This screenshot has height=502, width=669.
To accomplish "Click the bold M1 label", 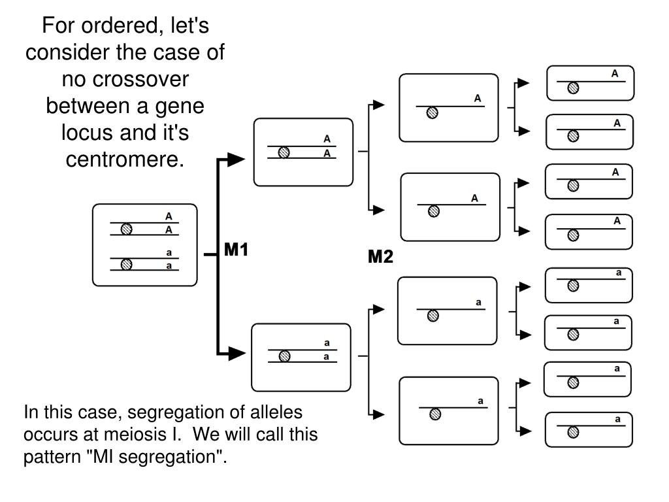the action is click(x=236, y=250).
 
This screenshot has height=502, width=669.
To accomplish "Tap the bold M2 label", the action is click(x=380, y=256).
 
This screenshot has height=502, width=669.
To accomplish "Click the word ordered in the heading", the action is click(x=120, y=25).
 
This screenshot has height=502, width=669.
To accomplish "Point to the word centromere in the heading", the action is click(x=125, y=159).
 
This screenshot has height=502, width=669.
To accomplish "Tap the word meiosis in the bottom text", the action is click(x=139, y=434).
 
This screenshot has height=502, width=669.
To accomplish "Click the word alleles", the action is click(x=276, y=412).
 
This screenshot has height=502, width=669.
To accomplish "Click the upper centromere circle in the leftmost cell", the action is click(x=126, y=229).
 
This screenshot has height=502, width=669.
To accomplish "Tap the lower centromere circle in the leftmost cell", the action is click(x=126, y=265).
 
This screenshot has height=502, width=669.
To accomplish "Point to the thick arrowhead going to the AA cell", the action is click(x=236, y=159).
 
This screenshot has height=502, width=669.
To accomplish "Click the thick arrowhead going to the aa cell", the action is click(x=237, y=354).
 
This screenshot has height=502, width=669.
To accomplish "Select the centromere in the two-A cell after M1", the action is click(x=284, y=152).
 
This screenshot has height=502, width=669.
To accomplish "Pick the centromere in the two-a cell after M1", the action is click(x=285, y=356).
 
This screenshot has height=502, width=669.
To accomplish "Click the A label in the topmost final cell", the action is click(x=615, y=73).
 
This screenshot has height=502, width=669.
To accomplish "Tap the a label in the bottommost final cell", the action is click(x=617, y=419).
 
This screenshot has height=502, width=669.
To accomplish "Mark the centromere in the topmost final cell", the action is click(x=574, y=88).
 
